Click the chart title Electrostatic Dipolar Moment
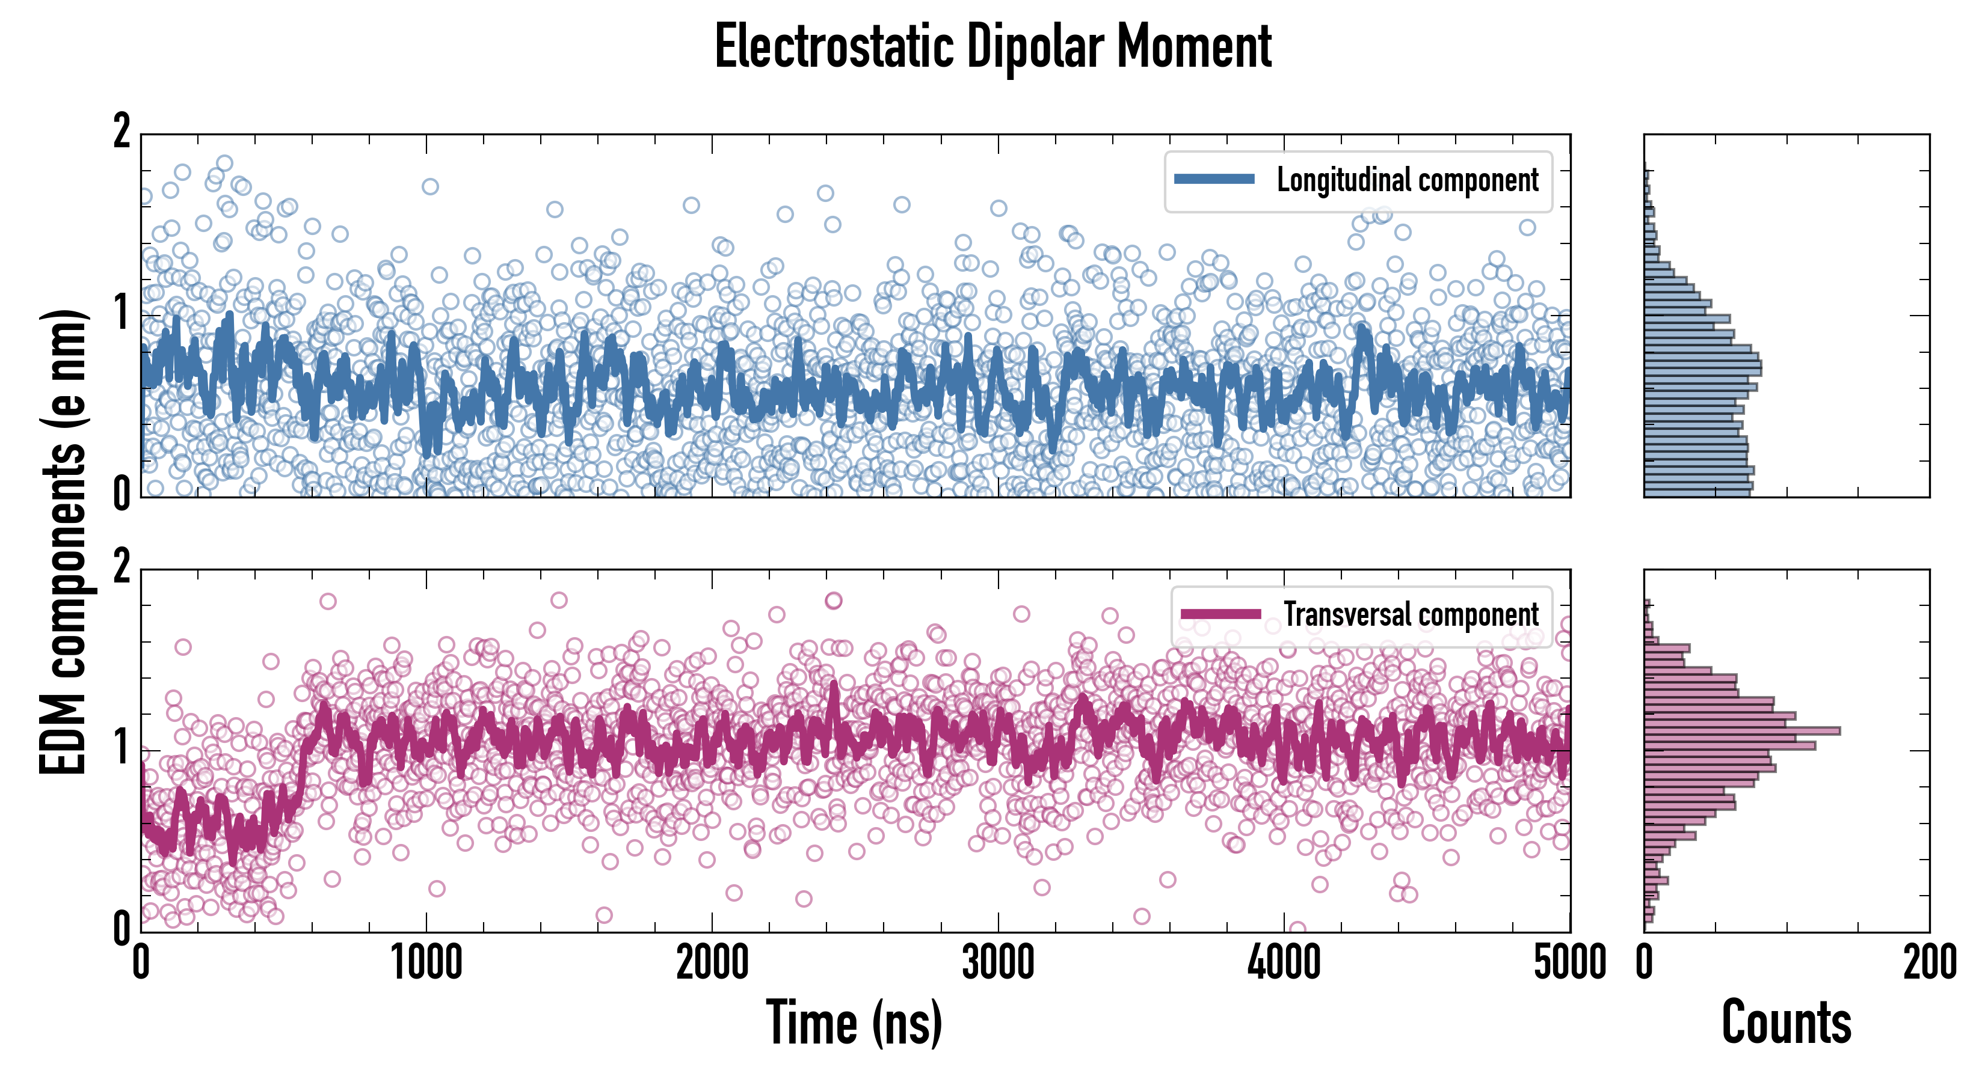(x=993, y=47)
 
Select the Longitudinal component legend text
(x=1407, y=180)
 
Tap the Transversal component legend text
(x=1410, y=614)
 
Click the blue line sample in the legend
(x=1214, y=180)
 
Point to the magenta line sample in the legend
(x=1220, y=614)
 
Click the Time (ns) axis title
(x=854, y=1022)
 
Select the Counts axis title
(x=1786, y=1022)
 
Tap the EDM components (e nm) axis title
(x=63, y=542)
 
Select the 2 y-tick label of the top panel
(x=122, y=132)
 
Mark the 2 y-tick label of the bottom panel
(x=122, y=567)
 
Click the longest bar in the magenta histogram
(x=1741, y=731)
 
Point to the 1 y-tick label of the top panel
(x=122, y=313)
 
